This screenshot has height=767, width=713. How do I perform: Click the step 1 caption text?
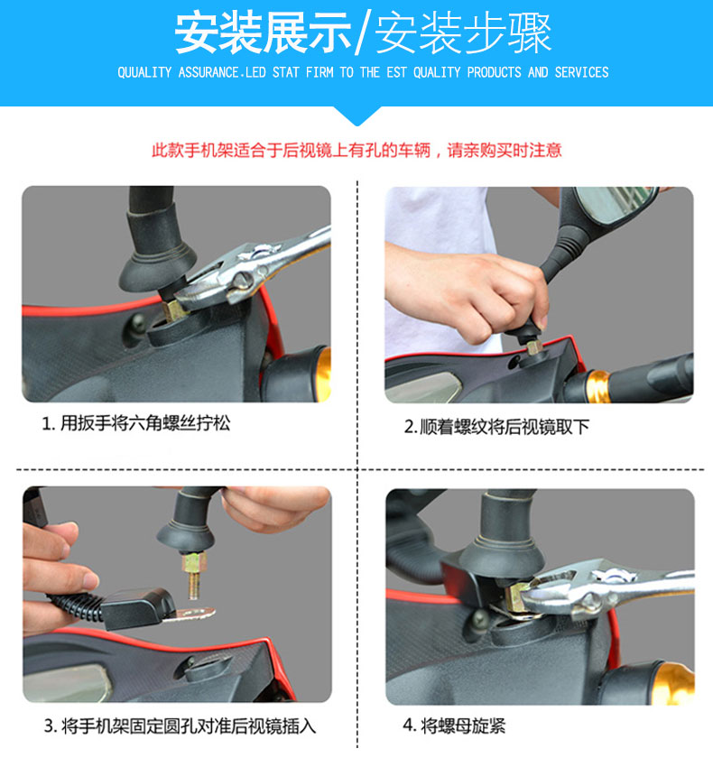pyautogui.click(x=136, y=423)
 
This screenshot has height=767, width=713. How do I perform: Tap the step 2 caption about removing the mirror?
pyautogui.click(x=496, y=427)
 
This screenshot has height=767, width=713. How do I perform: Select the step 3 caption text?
pyautogui.click(x=181, y=726)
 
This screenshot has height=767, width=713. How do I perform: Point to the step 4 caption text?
pyautogui.click(x=454, y=725)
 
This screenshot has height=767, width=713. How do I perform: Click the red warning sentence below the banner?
pyautogui.click(x=356, y=150)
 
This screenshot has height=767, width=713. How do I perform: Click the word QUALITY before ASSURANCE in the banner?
pyautogui.click(x=144, y=72)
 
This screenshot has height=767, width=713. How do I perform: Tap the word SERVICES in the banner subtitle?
pyautogui.click(x=581, y=72)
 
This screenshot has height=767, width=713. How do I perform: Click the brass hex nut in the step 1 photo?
pyautogui.click(x=172, y=310)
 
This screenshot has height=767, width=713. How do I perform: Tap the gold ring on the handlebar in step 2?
pyautogui.click(x=597, y=385)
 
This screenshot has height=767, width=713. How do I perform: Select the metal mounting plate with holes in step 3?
pyautogui.click(x=189, y=615)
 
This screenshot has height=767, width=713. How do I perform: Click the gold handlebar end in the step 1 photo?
pyautogui.click(x=323, y=374)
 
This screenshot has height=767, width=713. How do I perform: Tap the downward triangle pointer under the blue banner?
pyautogui.click(x=356, y=116)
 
